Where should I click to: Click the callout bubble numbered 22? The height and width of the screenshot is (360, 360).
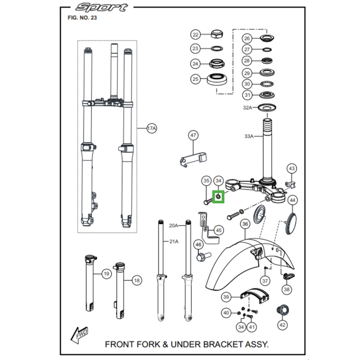tap(195, 35)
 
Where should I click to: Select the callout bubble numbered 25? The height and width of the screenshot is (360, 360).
tap(195, 79)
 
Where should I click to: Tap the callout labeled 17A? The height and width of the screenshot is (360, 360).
tap(151, 129)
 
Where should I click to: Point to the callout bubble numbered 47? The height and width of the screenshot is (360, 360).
tap(193, 135)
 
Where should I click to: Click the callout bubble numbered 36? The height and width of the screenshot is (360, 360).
tap(245, 224)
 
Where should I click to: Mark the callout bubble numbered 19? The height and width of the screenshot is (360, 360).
tap(106, 274)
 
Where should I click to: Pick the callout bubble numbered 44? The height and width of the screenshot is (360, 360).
tap(292, 200)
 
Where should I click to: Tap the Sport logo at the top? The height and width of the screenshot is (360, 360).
tap(101, 8)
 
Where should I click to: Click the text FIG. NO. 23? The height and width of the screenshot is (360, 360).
tap(81, 18)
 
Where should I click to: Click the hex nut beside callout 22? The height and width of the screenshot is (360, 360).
tap(216, 34)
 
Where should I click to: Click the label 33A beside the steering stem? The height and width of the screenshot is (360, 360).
tap(249, 136)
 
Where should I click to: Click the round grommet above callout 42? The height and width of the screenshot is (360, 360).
tap(283, 309)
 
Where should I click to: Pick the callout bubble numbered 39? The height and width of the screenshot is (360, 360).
tap(227, 297)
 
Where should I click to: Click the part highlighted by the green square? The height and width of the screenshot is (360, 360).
tap(218, 196)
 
